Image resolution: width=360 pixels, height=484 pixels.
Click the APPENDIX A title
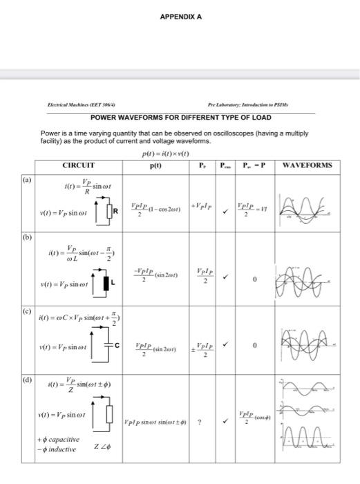click(180, 17)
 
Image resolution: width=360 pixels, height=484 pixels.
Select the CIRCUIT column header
click(78, 165)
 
